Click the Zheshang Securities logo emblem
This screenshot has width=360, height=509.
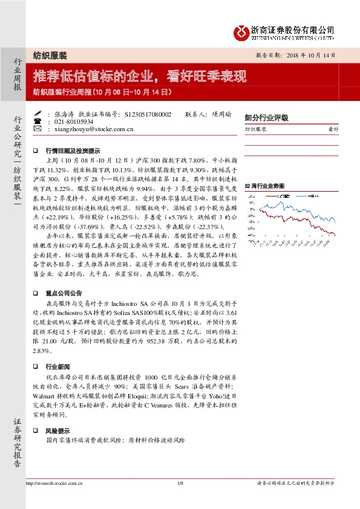(x=241, y=31)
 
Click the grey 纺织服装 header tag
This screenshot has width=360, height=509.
(x=50, y=54)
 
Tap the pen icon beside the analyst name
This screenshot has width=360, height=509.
(x=38, y=114)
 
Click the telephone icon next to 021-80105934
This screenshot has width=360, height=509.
(x=38, y=121)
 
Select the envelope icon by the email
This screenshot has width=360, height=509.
(x=38, y=129)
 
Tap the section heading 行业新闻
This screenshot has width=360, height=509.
(x=59, y=367)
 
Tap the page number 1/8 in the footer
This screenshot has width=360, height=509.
(x=180, y=483)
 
